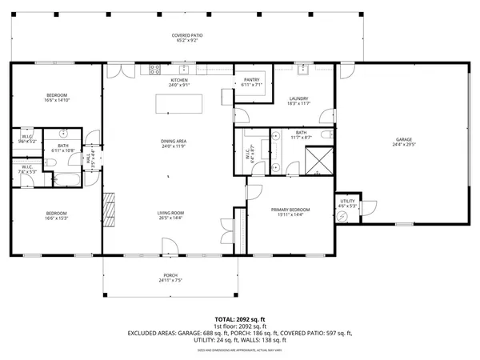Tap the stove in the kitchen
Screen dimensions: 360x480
coord(154,70)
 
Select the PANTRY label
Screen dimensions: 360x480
coord(251,80)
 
